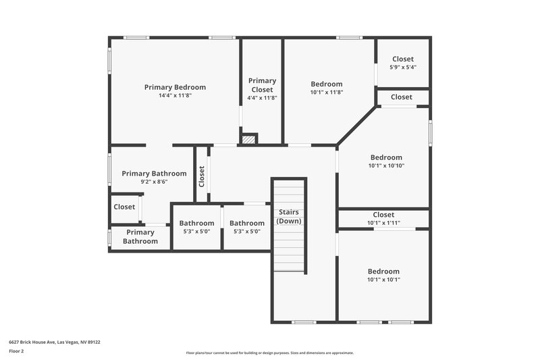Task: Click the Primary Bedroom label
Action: [175, 87]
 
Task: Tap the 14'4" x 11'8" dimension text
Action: [175, 96]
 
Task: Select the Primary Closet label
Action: [262, 85]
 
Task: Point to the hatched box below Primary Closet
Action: [249, 139]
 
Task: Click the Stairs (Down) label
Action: [289, 216]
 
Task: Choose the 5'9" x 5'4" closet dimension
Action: [402, 68]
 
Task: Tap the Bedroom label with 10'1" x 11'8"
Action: [327, 84]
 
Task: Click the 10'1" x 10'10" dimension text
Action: [385, 165]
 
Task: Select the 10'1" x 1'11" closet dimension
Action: [383, 223]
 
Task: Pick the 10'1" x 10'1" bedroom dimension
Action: [383, 280]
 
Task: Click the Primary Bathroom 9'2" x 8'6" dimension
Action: [154, 182]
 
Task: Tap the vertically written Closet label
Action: [202, 176]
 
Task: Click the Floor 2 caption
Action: [17, 351]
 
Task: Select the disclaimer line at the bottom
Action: [269, 353]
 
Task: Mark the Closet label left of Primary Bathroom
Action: [124, 207]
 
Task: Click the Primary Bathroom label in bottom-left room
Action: [140, 236]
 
